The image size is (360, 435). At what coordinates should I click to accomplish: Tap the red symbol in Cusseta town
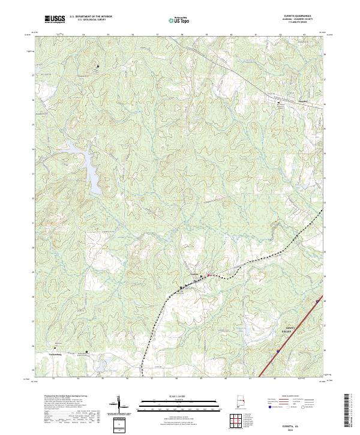tap(208, 276)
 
